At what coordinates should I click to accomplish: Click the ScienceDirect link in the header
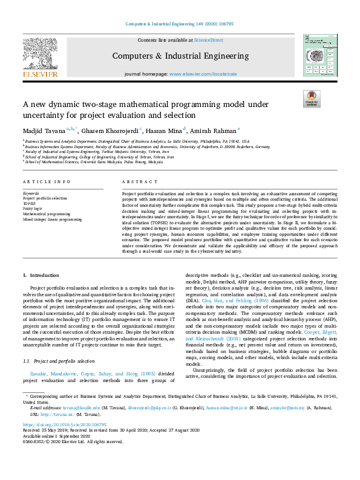click(x=208, y=40)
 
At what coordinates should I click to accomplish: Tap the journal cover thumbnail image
click(x=319, y=55)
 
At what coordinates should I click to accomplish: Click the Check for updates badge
click(x=312, y=99)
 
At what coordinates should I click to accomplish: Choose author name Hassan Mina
click(x=165, y=129)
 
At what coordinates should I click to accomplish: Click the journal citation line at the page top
click(x=179, y=24)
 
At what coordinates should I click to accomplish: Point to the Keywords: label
click(x=31, y=193)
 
